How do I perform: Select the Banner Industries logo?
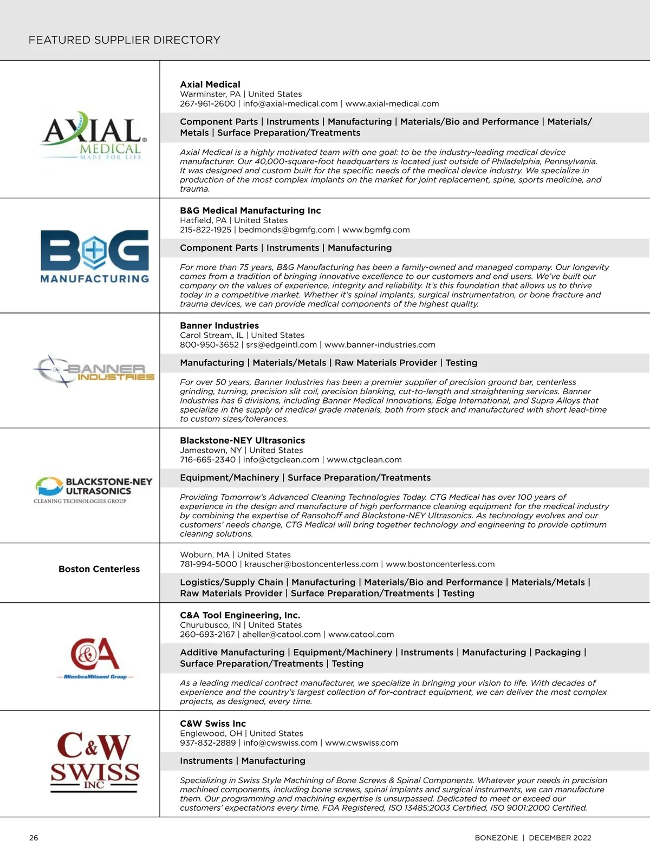coord(94,372)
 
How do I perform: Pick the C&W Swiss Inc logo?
coord(95,762)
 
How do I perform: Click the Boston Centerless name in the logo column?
coord(99,569)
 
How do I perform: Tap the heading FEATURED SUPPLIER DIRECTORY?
coord(125,40)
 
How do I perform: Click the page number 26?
coord(34,838)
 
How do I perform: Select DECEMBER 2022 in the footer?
coord(560,838)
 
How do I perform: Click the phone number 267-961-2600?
coord(207,104)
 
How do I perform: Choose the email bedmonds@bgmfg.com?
coord(287,230)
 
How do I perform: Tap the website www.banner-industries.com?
coord(380,345)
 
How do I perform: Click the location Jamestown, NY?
coord(211,451)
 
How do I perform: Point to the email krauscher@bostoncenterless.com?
coord(311,564)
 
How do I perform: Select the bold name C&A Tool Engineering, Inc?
coord(240,615)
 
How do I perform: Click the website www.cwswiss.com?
coord(361,743)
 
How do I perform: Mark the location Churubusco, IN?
coord(210,625)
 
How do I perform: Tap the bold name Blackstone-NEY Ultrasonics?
coord(242,441)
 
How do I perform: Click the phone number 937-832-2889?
coord(207,743)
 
